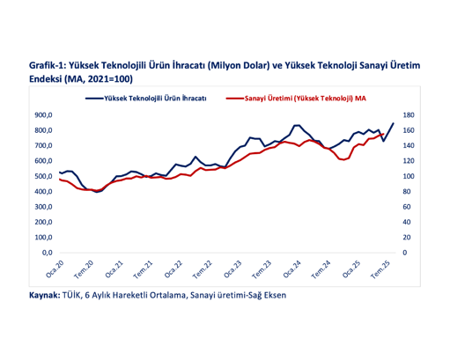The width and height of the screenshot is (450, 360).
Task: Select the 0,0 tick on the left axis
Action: [x=46, y=253]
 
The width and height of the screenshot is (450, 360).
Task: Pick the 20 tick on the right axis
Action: [x=406, y=238]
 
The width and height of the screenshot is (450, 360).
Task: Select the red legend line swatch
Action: [x=235, y=99]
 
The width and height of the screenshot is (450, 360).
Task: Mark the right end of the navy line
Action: [x=393, y=124]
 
